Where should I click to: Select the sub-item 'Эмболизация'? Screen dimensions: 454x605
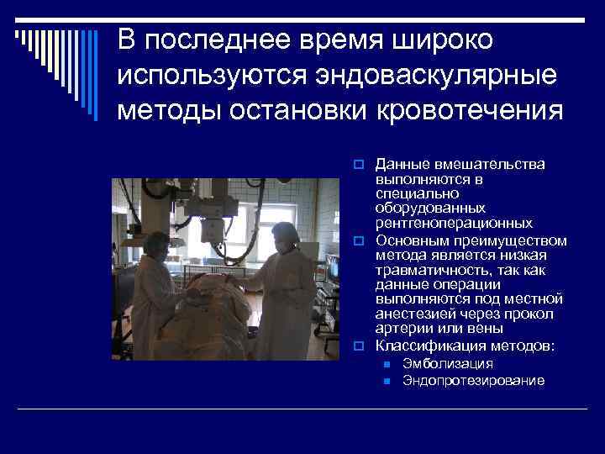coord(448,363)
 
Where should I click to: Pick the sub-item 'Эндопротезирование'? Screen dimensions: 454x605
coord(473,381)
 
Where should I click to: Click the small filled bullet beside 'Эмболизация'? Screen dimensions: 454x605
coord(386,364)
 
